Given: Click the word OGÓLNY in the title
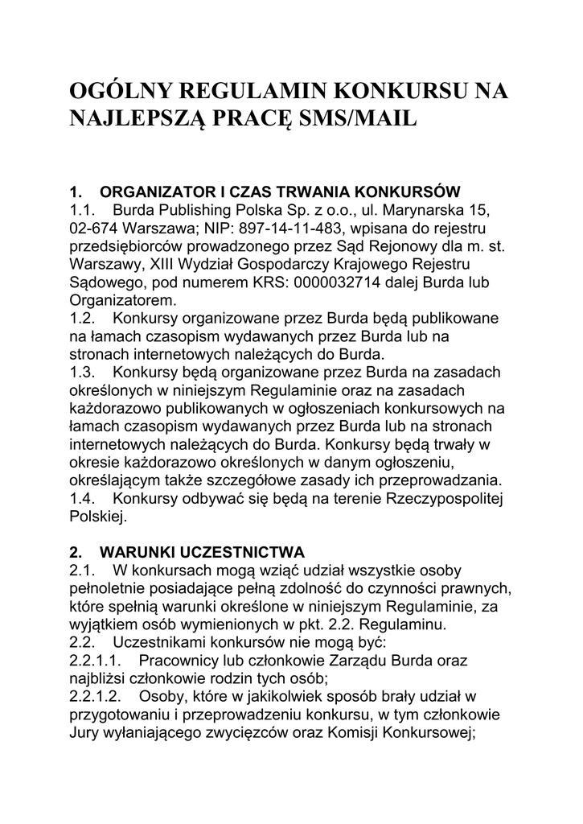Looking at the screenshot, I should tap(118, 90).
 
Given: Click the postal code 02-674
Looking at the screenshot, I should tap(94, 228).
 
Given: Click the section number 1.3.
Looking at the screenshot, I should tap(83, 372).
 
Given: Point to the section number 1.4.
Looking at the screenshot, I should tap(83, 498).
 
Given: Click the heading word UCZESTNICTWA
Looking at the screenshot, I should tap(242, 552).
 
